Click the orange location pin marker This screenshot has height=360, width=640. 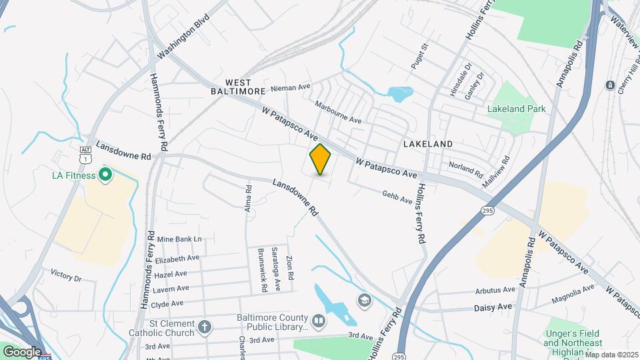pos(321,159)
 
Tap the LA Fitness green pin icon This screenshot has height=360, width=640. pos(105,176)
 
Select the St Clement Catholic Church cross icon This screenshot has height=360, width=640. pos(205,327)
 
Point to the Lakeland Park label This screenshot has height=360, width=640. pos(516,109)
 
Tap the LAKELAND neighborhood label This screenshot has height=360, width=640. pos(428,143)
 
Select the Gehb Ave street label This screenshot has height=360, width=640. pos(397,195)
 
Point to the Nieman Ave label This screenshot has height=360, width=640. pos(291,87)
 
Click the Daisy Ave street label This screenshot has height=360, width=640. pos(493,307)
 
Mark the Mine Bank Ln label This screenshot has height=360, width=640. pos(179,239)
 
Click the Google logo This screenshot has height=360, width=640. pos(22,351)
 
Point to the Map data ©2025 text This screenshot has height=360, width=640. pos(611,355)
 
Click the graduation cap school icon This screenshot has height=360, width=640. pos(363,300)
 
